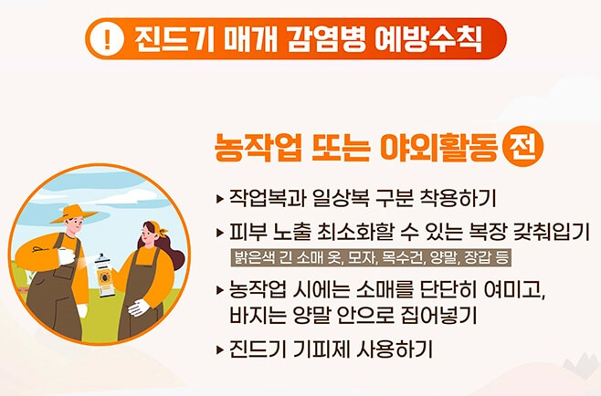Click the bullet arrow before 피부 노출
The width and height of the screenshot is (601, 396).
(x=220, y=227)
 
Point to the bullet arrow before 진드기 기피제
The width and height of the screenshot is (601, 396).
(x=220, y=349)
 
